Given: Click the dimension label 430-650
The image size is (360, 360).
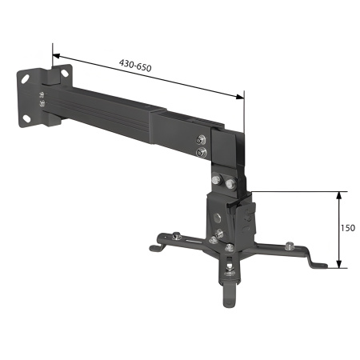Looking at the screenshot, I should coord(134,66).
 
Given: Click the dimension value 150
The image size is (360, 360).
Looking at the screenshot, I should coord(348,228).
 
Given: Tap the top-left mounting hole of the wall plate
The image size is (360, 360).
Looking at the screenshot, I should coord(26,78).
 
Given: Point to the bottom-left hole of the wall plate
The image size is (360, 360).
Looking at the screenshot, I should coord(26,117).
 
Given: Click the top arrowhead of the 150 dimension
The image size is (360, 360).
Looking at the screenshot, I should coord(340,194).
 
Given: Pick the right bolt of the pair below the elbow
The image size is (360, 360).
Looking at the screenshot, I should coord(230,185).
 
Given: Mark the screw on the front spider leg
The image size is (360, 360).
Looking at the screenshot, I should coord(230,268).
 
